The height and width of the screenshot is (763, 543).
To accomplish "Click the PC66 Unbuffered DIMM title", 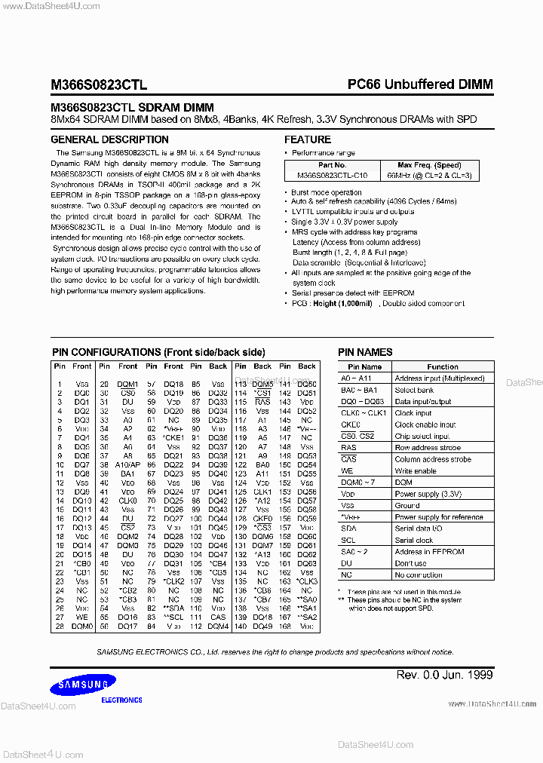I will [419, 84].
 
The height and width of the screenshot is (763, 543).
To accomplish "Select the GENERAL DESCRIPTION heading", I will [109, 139].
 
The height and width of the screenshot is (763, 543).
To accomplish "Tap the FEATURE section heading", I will [308, 139].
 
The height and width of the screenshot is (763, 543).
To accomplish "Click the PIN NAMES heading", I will [365, 352].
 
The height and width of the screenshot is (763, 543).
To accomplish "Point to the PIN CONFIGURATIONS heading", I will [158, 352].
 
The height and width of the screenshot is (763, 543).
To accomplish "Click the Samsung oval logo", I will [83, 685].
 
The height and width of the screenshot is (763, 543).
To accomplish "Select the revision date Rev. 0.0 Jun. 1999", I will [444, 674].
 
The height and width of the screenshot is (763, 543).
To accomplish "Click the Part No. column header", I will [332, 165].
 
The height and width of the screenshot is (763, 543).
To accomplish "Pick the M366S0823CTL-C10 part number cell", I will [332, 175].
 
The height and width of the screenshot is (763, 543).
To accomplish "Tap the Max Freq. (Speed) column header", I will [429, 165].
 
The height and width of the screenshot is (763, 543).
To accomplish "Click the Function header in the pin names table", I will [443, 366].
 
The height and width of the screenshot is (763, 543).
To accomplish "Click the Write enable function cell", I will [416, 470].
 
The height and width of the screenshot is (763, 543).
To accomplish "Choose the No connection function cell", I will [419, 575].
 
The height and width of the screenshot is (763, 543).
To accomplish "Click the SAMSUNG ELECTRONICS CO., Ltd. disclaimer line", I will [275, 651].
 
